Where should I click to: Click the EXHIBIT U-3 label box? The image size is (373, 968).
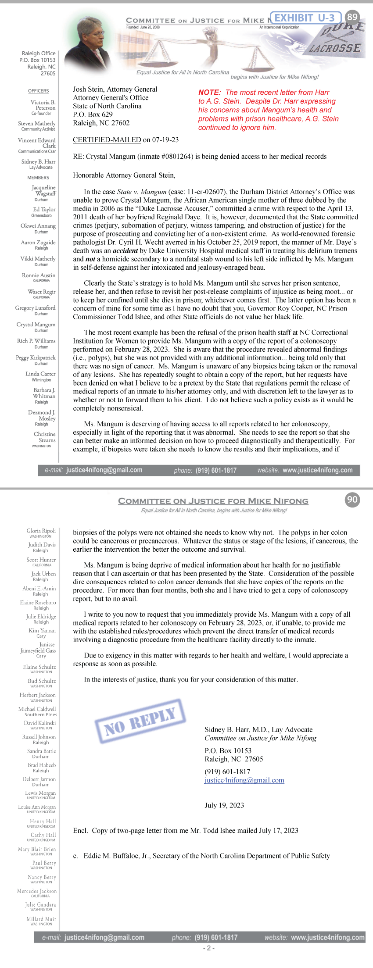[305, 18]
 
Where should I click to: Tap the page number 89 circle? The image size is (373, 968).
[352, 17]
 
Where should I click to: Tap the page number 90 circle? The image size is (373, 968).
[352, 500]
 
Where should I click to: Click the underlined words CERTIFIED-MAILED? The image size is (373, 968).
[107, 140]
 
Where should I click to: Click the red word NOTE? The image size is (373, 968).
[209, 93]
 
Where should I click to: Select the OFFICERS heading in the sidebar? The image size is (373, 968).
[39, 91]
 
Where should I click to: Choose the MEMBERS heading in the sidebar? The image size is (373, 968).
[38, 178]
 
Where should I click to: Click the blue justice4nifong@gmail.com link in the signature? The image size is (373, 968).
[244, 780]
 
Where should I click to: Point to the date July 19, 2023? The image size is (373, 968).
[224, 805]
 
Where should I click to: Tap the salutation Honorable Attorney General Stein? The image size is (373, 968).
[124, 175]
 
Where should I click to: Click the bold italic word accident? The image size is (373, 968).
[126, 251]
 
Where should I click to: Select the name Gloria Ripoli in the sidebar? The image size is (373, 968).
[41, 531]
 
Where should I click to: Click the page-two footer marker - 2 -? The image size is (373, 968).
[209, 948]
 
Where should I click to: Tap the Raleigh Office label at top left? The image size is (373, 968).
[39, 53]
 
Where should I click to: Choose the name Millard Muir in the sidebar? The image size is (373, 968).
[41, 919]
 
